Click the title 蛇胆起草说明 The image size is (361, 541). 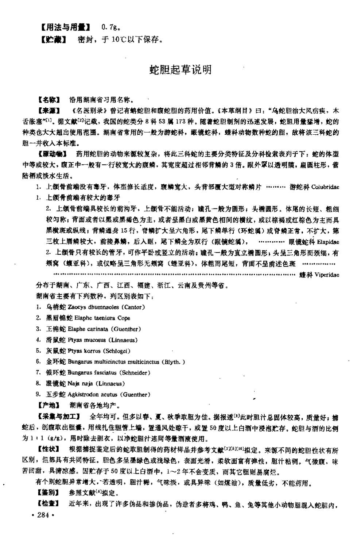tap(181, 69)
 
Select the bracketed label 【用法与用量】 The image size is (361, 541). tap(65, 27)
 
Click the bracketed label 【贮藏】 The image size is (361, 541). tap(53, 39)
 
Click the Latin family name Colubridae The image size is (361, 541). tap(325, 187)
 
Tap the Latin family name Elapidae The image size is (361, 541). tap(328, 242)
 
